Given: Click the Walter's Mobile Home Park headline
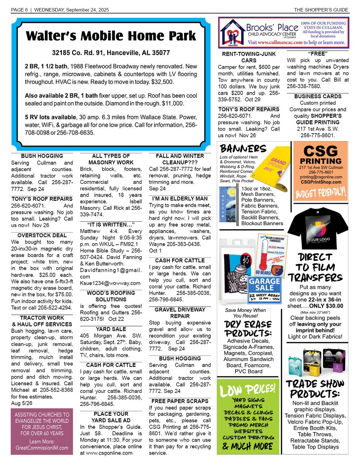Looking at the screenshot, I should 111,36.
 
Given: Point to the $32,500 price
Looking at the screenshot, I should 162,82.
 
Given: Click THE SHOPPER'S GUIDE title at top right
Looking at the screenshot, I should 321,10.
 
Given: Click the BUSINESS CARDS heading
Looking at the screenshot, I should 318,96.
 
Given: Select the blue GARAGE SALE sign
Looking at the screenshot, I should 265,284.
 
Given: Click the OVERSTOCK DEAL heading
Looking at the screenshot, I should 42,235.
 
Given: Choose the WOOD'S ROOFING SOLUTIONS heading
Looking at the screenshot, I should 111,296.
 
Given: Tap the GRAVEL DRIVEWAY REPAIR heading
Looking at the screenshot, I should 180,313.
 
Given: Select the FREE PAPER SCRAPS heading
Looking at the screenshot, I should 180,401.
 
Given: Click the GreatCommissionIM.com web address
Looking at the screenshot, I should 42,448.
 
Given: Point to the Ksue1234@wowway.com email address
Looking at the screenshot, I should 105,283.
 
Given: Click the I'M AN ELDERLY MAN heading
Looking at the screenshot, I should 180,198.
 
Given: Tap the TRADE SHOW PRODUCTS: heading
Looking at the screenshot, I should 315,389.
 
